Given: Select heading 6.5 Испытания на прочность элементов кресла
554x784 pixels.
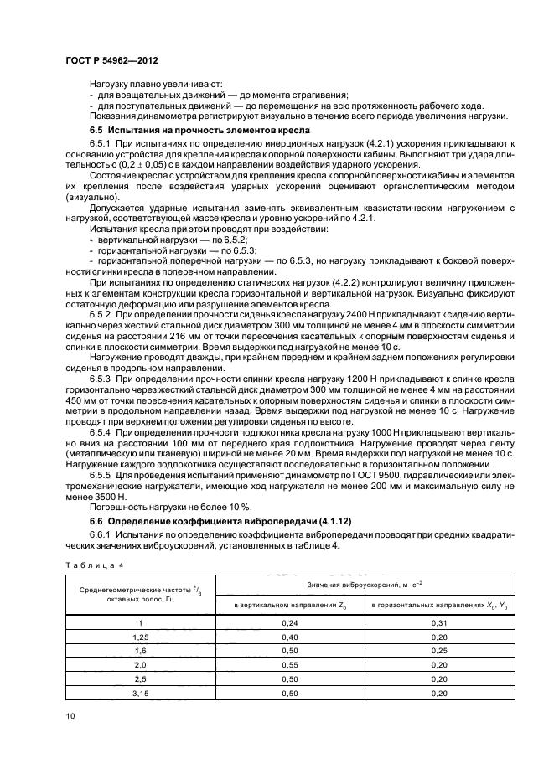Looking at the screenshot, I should click(199, 131).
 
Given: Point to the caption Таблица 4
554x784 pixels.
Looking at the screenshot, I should click(93, 564).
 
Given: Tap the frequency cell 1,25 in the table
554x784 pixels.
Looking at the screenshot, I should click(140, 637).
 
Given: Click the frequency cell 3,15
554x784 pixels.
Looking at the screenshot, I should click(140, 694).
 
